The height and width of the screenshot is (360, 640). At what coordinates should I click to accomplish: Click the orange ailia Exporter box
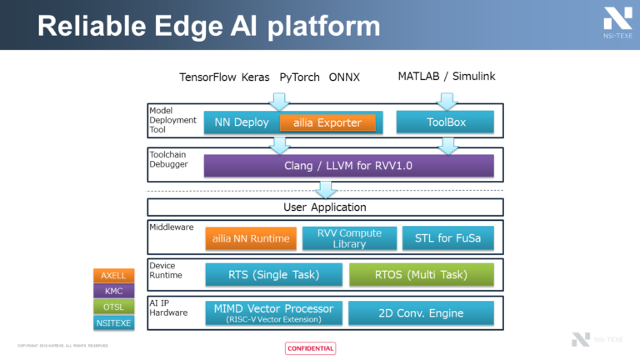(x=327, y=122)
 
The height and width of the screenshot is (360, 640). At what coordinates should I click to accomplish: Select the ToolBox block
(x=446, y=122)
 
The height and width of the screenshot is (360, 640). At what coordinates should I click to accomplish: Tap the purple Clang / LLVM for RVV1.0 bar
(x=348, y=165)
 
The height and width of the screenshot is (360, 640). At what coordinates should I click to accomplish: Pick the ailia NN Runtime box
(x=251, y=238)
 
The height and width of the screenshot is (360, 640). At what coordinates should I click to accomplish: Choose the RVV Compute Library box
(x=348, y=238)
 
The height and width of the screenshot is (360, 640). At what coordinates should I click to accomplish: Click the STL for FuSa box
(x=447, y=238)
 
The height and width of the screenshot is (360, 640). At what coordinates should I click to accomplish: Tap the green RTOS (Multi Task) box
(x=421, y=274)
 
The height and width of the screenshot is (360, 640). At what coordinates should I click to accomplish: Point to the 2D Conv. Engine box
(x=421, y=312)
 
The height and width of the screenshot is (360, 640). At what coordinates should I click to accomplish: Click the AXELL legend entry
(x=112, y=276)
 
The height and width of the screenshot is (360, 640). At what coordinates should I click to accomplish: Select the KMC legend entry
(x=112, y=292)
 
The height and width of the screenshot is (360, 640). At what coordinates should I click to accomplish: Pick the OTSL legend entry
(x=112, y=307)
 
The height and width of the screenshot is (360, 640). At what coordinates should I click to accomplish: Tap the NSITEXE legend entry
(x=112, y=322)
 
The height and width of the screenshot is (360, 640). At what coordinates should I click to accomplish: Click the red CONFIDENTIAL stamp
(x=310, y=348)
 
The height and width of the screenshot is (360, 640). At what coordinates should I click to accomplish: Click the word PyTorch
(x=298, y=77)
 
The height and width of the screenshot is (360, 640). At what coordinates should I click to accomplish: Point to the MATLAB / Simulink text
(x=446, y=76)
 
